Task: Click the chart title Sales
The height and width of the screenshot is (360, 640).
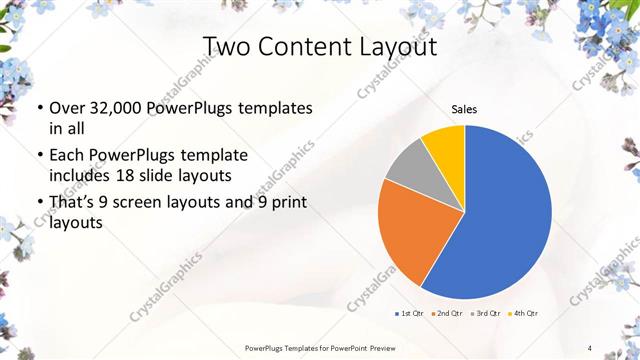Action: (x=464, y=109)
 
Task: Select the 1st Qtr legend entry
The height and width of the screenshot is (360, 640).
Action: (x=410, y=314)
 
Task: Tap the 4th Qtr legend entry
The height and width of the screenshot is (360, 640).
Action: (x=523, y=314)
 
